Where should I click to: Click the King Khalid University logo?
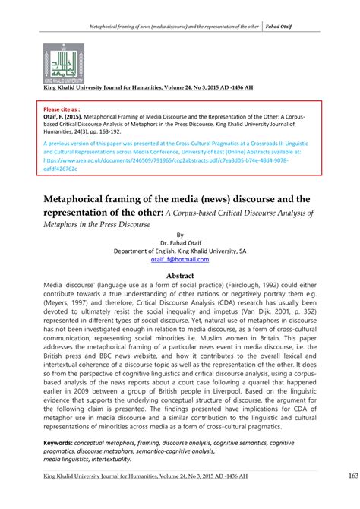(x=63, y=63)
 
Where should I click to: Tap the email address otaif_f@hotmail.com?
(x=180, y=259)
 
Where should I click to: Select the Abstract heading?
(x=180, y=276)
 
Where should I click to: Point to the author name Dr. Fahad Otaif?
(x=180, y=241)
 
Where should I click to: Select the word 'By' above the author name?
(x=180, y=233)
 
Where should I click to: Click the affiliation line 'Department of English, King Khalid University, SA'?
(x=180, y=250)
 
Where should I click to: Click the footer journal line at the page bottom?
(x=153, y=497)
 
